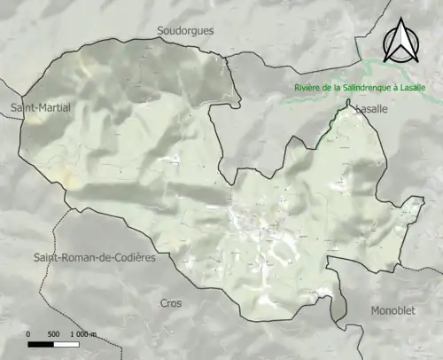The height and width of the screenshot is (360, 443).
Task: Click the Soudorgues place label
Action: (185, 30)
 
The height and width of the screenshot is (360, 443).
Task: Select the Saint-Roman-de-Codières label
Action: (94, 257)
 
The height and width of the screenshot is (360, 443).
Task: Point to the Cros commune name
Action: (170, 303)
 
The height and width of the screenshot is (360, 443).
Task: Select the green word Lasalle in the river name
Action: (418, 87)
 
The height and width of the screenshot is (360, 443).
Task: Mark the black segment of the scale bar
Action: (41, 343)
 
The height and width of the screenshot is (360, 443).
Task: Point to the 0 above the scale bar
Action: (29, 333)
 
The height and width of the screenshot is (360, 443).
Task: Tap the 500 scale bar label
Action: (52, 333)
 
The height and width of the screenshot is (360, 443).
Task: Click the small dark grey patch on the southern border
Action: (338, 306)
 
